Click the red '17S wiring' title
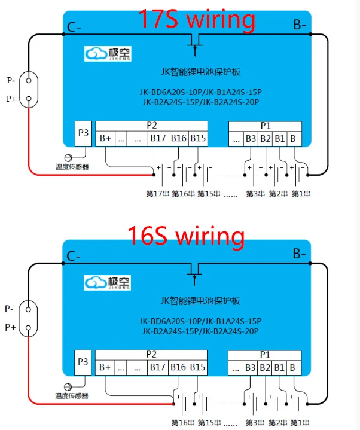click(197, 19)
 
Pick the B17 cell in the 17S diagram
click(158, 139)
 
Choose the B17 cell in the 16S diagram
click(158, 367)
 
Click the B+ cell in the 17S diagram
click(106, 139)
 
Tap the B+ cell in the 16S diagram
click(106, 367)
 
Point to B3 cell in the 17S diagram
click(251, 139)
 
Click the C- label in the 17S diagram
click(75, 26)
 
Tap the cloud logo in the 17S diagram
click(95, 54)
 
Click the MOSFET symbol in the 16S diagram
click(195, 273)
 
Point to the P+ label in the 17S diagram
click(11, 99)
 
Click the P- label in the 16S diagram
click(10, 309)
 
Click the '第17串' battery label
click(157, 193)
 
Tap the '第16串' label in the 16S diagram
click(182, 422)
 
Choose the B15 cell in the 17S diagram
click(198, 139)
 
